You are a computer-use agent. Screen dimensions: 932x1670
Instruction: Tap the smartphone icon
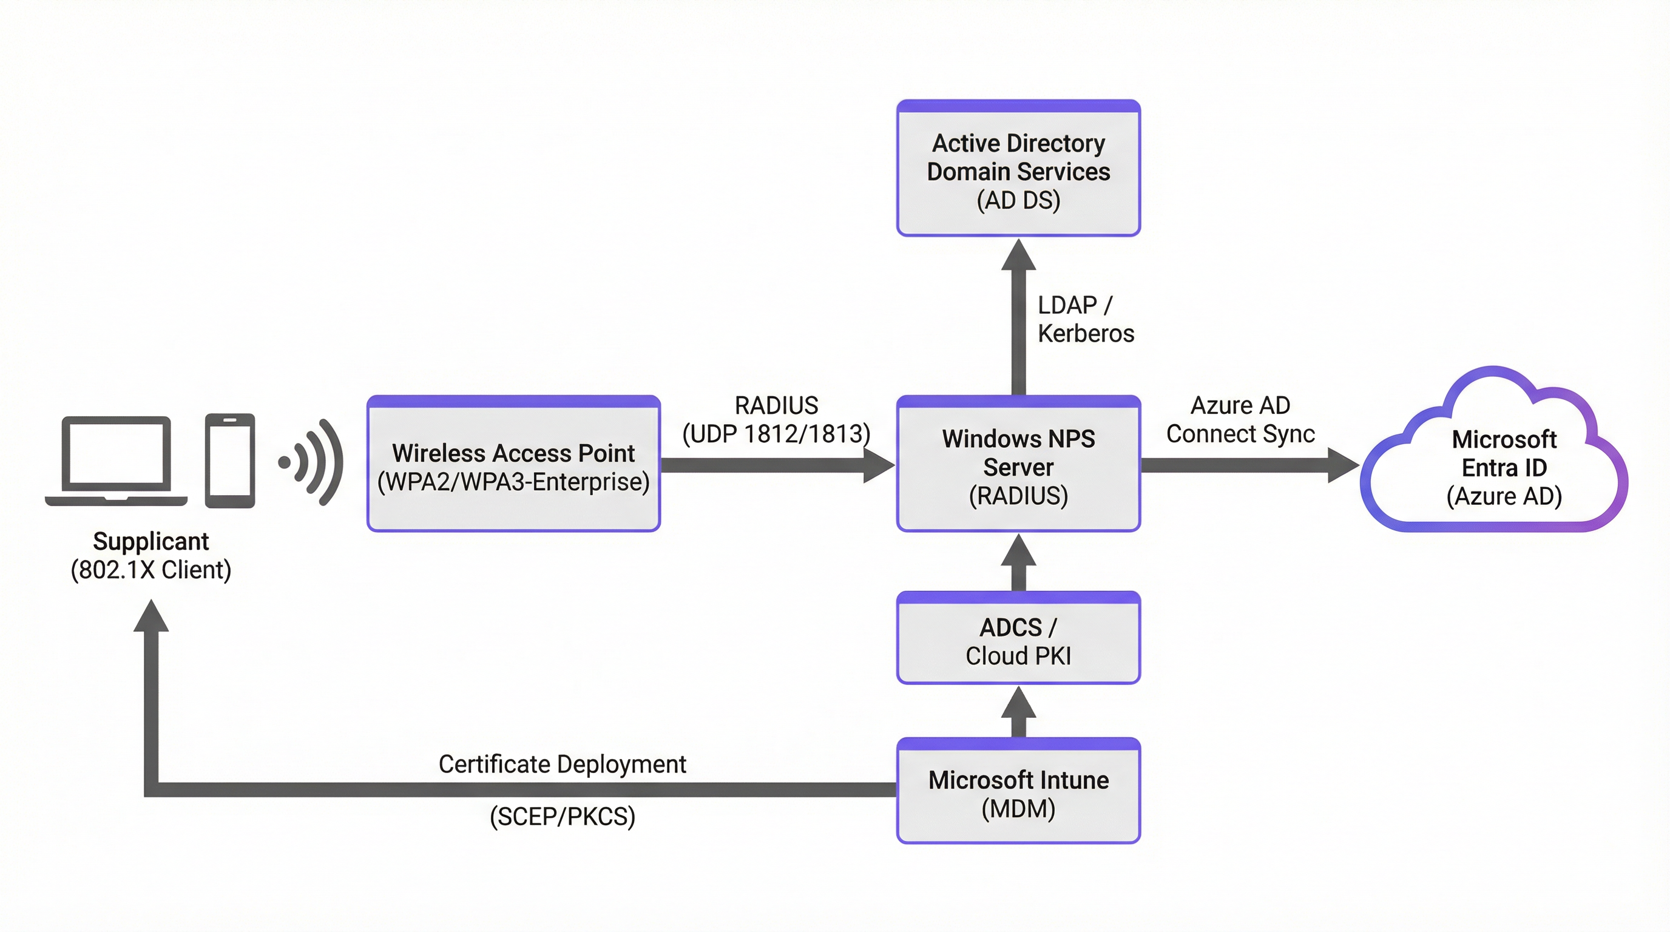coord(229,461)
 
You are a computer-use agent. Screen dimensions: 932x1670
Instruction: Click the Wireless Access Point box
coord(513,465)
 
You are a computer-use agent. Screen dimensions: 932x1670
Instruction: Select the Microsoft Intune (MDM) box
coord(1018,792)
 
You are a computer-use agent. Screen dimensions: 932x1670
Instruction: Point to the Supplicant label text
coord(150,541)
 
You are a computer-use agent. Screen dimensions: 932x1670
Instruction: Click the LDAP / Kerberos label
coord(1085,319)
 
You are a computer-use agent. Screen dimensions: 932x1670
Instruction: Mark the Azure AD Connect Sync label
coord(1240,419)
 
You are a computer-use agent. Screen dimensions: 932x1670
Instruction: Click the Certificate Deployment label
coord(562,764)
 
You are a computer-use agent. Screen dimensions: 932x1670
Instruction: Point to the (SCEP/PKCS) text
coord(562,816)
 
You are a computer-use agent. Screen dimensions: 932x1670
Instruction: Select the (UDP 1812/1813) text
coord(776,434)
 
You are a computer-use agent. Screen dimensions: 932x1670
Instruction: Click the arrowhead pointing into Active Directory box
coord(1018,255)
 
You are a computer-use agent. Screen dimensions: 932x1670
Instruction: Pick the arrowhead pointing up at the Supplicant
coord(151,616)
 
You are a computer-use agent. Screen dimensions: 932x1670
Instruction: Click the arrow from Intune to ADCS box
coord(1018,712)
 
